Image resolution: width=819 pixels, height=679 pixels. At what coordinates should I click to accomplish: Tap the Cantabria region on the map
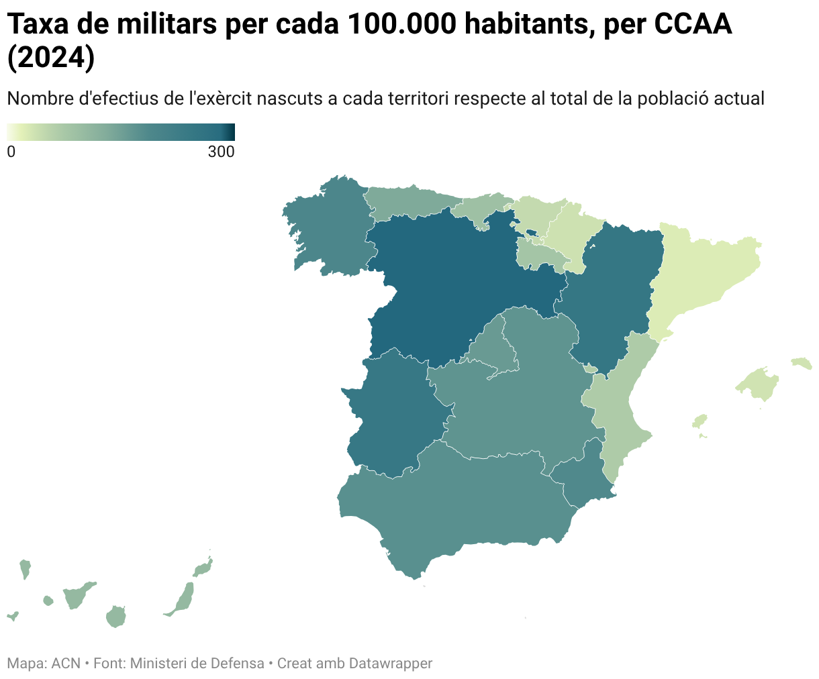(480, 208)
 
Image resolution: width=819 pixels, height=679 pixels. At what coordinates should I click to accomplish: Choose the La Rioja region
(540, 255)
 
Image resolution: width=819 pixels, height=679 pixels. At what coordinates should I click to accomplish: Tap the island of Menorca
(802, 364)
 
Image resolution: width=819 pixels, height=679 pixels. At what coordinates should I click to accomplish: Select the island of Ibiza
(700, 421)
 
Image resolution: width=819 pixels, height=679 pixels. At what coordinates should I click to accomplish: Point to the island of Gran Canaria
(116, 617)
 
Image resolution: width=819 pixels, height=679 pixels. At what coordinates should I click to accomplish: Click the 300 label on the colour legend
(221, 152)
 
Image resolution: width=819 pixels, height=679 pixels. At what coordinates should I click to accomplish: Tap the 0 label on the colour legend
(11, 152)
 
